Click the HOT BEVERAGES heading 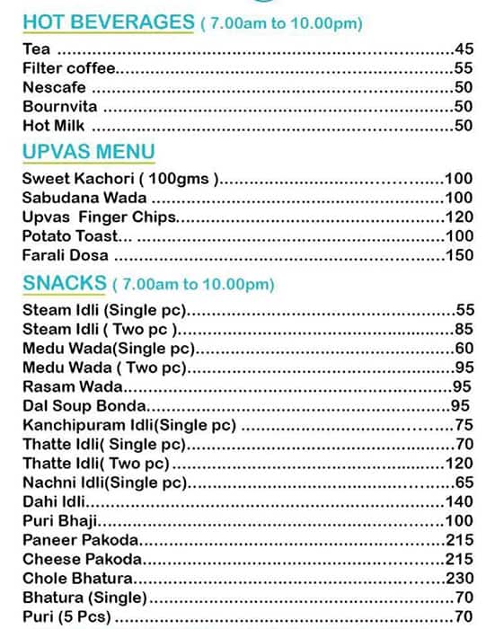[108, 22]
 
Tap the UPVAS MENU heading [89, 151]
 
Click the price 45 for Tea [464, 49]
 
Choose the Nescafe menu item [54, 87]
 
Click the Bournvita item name [57, 106]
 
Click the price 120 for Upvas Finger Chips [458, 217]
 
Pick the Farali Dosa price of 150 [458, 255]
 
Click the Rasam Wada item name [72, 387]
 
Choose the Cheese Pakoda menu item [83, 559]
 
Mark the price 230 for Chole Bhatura [458, 578]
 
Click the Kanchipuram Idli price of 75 [464, 425]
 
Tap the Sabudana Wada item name [84, 198]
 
